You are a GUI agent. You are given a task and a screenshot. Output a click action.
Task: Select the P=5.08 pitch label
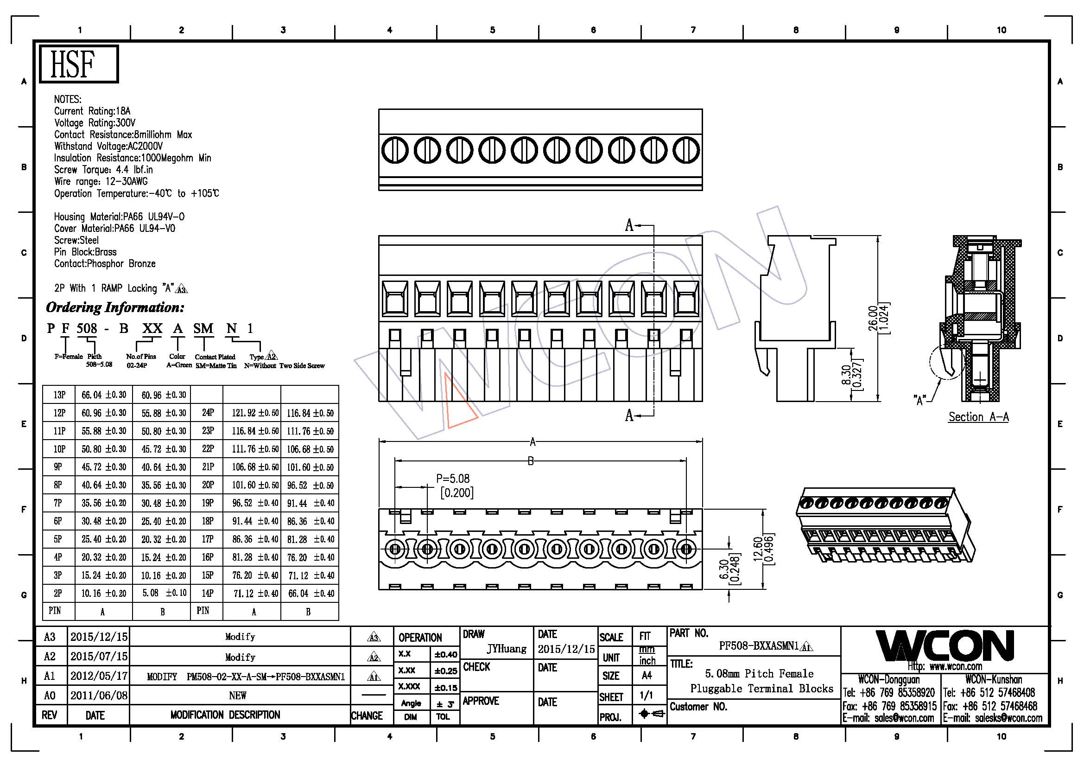(453, 479)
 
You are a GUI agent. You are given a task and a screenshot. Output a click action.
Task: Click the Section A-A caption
(979, 416)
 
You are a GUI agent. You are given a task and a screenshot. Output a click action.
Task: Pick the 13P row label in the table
(59, 395)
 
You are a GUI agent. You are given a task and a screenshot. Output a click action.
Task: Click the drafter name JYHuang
(507, 649)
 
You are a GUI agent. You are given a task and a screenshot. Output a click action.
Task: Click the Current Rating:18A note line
(92, 111)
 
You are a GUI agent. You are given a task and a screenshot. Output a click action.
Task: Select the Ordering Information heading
(115, 307)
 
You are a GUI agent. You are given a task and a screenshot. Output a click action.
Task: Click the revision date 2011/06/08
(99, 695)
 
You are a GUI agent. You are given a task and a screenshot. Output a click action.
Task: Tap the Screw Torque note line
(103, 170)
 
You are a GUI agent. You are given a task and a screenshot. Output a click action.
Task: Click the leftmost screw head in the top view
(394, 150)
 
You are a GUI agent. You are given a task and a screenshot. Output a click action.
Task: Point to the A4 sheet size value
(647, 675)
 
